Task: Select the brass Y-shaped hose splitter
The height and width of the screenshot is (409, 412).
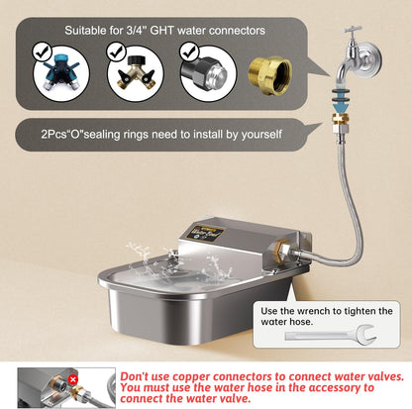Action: tap(136, 73)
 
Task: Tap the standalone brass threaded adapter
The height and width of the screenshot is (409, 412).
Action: tap(270, 75)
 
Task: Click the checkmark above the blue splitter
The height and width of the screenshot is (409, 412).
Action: tap(42, 52)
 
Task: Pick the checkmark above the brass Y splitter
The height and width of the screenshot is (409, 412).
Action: tap(116, 51)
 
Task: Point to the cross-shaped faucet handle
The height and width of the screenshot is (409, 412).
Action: tap(353, 31)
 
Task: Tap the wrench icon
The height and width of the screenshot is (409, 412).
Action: tap(331, 335)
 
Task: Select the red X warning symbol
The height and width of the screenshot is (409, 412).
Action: tap(72, 380)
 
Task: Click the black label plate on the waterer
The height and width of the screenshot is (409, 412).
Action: tap(205, 233)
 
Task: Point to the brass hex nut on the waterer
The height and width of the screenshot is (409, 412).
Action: tap(282, 251)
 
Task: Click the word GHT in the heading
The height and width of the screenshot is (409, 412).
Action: tap(161, 31)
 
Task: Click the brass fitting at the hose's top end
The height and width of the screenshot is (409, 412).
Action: tap(340, 119)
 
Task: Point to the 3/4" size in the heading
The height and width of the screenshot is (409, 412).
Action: tap(137, 31)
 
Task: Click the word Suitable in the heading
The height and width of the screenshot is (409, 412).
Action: tap(84, 31)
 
